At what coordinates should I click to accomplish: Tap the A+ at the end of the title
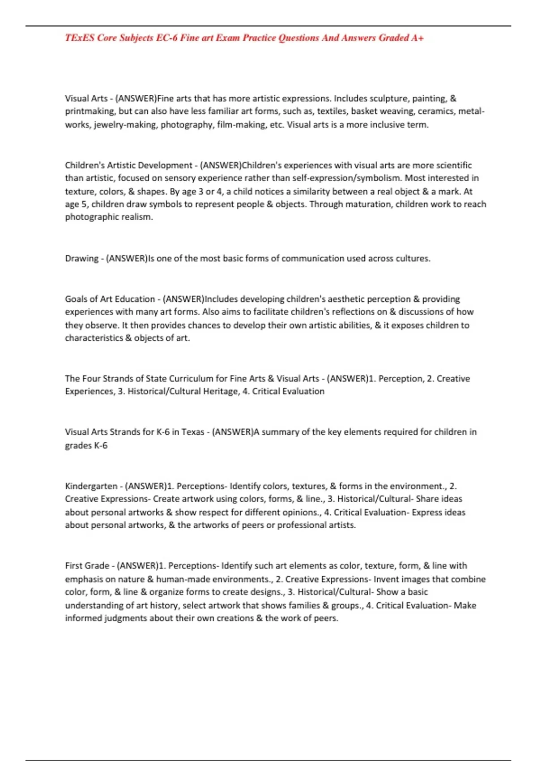(x=418, y=38)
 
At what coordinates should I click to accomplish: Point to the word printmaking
(x=90, y=111)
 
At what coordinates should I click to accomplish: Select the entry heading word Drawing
(x=81, y=258)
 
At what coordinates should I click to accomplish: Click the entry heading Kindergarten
(x=91, y=486)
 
